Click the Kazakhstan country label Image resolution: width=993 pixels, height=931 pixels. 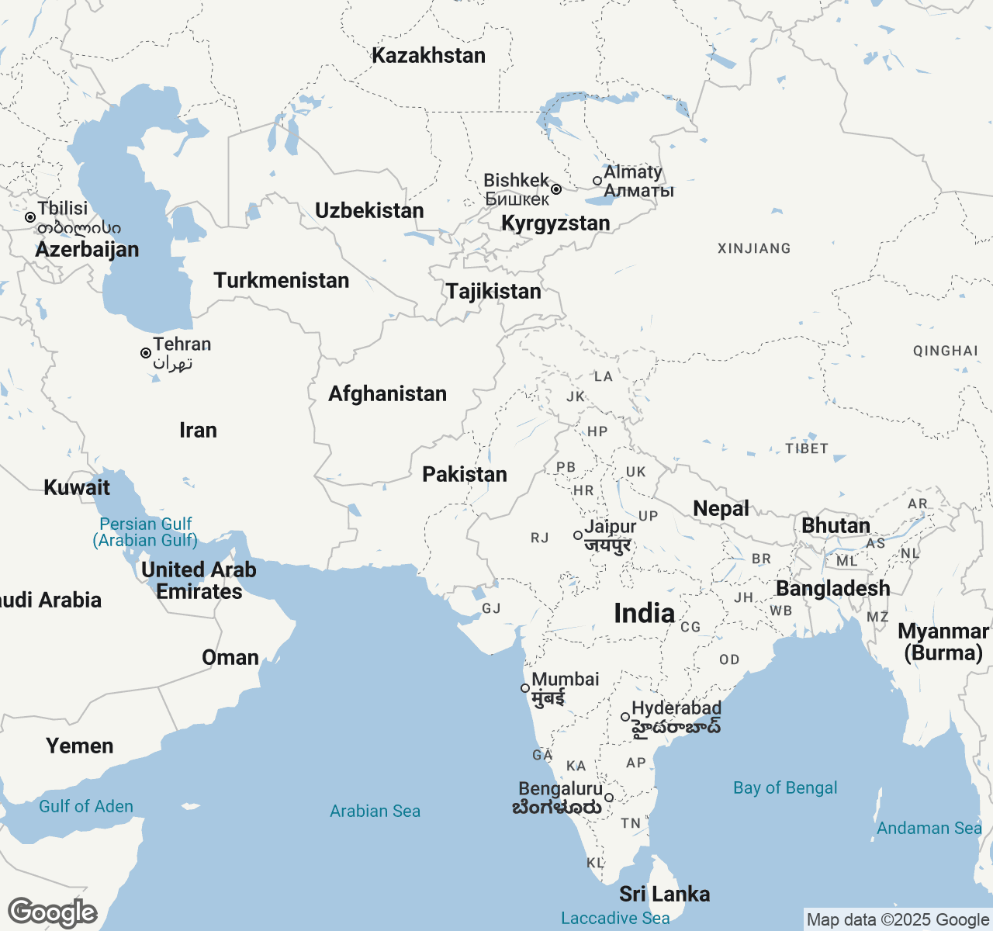point(428,56)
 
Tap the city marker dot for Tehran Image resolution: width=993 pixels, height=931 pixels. point(146,353)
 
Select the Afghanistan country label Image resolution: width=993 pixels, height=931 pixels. point(387,394)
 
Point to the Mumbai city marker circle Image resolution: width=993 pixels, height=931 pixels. point(525,688)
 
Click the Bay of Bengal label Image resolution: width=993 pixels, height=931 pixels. point(785,788)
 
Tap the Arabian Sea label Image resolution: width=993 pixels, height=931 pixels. point(375,812)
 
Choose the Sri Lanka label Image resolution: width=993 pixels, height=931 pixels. point(664,895)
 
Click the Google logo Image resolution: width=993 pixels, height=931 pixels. point(52,913)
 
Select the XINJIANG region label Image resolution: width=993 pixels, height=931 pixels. point(754,249)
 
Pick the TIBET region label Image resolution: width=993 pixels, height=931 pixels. point(807,448)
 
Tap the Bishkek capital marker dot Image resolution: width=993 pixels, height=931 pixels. point(556,189)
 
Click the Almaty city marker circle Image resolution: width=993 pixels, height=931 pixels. point(597,181)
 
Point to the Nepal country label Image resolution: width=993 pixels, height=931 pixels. point(721,509)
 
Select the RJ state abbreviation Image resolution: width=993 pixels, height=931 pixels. point(540,538)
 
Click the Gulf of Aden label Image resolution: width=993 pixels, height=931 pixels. point(86,807)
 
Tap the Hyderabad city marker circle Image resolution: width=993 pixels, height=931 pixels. point(625,717)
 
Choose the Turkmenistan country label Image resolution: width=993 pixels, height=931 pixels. point(281,281)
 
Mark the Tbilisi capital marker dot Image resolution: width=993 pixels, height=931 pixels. point(30,217)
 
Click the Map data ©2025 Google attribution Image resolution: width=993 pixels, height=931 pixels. point(898,920)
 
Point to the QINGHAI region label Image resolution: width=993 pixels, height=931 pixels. point(945,351)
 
